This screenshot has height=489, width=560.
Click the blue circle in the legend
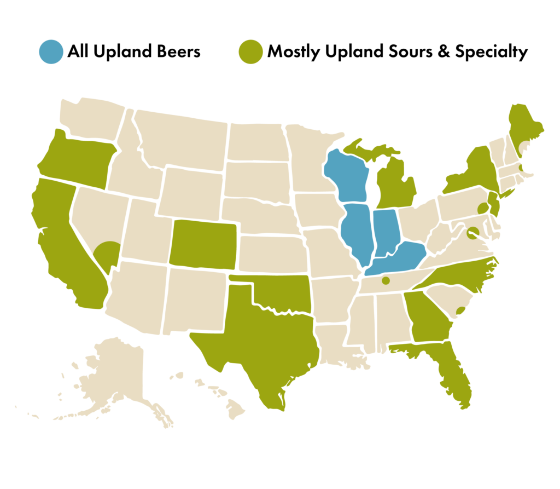point(51,52)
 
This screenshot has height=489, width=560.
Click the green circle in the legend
point(251,52)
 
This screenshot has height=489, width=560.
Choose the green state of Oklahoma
point(279,295)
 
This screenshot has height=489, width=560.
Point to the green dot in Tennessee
point(386,281)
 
